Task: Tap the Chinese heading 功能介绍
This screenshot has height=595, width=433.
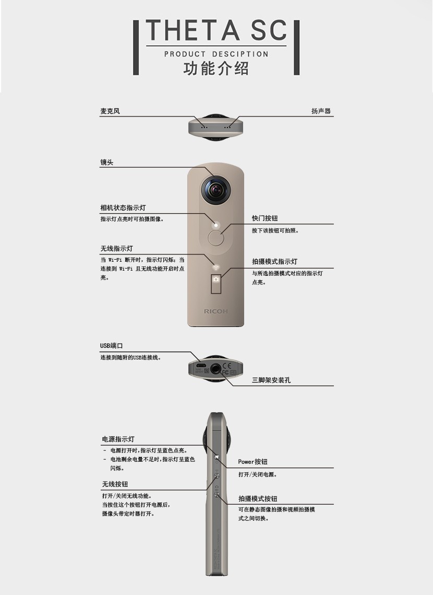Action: [216, 68]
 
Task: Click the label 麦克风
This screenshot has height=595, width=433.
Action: [110, 111]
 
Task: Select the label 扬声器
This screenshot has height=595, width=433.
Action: [321, 111]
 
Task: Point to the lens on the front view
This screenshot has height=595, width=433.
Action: [215, 189]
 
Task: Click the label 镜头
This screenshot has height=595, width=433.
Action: [107, 162]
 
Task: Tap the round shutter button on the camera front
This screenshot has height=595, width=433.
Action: [216, 238]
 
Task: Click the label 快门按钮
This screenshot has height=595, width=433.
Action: [265, 218]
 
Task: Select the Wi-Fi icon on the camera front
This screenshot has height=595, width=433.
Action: [216, 267]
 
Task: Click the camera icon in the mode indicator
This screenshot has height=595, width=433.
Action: [216, 279]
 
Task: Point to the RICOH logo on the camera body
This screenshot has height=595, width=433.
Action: [216, 311]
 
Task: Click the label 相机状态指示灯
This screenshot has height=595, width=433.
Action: [123, 207]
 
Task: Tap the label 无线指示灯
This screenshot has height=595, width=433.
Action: [116, 249]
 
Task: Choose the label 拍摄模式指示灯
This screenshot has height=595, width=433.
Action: [274, 261]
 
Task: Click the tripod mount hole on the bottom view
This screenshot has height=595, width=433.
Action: [216, 368]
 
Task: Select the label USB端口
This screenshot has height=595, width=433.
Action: [111, 346]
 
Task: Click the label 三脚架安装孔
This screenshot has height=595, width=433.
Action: [271, 380]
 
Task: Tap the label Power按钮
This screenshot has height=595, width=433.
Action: [252, 461]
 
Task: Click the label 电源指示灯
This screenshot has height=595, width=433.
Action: [118, 439]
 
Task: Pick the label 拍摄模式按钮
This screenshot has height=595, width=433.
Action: [258, 498]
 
